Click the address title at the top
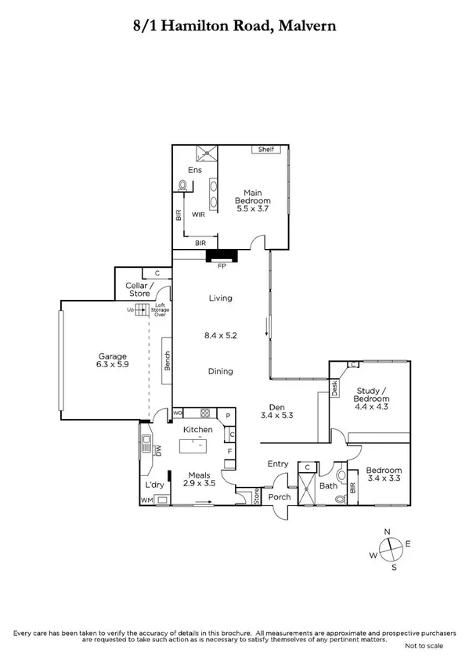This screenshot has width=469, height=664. (x=234, y=26)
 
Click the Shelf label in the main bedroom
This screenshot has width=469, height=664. (x=266, y=150)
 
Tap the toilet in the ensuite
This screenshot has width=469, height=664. (x=184, y=186)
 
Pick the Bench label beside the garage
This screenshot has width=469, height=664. (x=167, y=361)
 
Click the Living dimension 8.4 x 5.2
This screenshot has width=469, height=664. (x=221, y=335)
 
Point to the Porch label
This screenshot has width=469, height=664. (x=280, y=496)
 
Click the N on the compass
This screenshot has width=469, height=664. (x=386, y=532)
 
